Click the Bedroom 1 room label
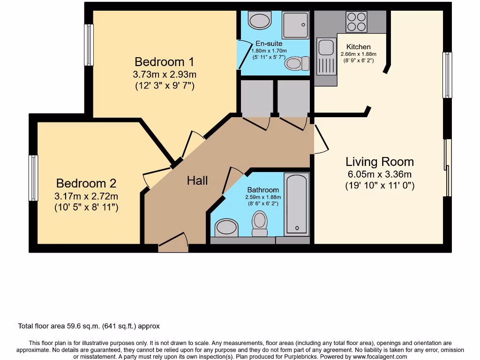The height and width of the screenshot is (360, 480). point(164,62)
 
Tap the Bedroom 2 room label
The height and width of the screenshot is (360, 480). point(86,183)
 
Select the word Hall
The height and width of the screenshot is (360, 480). point(197,180)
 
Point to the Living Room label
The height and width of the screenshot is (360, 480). point(380,162)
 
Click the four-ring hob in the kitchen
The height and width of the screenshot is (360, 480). point(356,22)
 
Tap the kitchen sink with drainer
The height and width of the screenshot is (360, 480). point(325,57)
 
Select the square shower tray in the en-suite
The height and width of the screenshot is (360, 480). point(295,25)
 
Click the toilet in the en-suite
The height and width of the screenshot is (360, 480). point(298,63)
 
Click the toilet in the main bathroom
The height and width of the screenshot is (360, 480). point(259,224)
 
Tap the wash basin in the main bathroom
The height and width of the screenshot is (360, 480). point(226,228)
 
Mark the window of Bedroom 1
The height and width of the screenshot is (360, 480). point(89,45)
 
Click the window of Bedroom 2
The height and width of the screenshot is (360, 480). point(33,178)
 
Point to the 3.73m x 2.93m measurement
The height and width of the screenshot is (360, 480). point(164,74)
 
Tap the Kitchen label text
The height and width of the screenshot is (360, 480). point(359,47)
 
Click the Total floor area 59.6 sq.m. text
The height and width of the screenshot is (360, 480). point(89,326)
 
